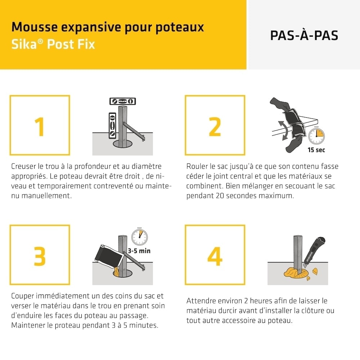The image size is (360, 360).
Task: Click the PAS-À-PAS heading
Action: click(304, 35)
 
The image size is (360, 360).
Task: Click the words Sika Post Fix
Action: click(53, 44)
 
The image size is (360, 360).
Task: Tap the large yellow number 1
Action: click(40, 127)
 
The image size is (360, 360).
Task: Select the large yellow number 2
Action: click(215, 127)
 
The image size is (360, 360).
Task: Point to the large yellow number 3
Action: click(40, 256)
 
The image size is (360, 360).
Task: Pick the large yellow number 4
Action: click(215, 256)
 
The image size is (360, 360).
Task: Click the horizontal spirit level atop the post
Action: click(123, 101)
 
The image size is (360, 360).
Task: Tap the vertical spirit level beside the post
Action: click(112, 126)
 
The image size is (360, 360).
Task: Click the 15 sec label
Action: click(316, 150)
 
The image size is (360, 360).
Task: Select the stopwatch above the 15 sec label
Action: click(316, 135)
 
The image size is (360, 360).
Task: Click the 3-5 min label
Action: click(139, 251)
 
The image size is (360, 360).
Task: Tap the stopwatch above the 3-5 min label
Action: click(140, 237)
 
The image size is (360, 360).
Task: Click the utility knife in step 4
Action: click(314, 252)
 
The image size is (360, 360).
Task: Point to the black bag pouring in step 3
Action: click(108, 257)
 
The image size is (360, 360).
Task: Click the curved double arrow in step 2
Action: click(284, 130)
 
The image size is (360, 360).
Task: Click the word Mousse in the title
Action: click(35, 27)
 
